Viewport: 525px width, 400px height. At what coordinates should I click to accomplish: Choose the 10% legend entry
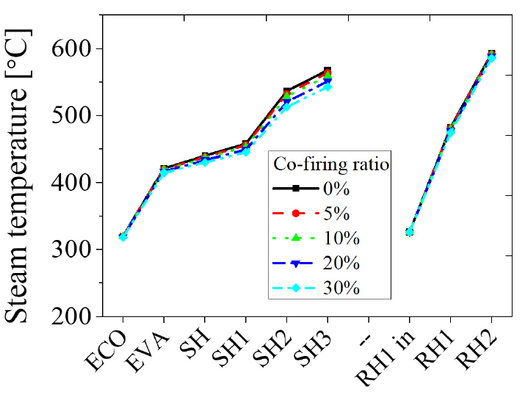tap(342, 238)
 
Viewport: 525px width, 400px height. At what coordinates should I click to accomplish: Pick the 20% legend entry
tap(342, 263)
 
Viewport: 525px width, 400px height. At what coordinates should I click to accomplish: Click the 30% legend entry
tap(342, 288)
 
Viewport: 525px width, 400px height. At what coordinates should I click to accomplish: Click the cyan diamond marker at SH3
tap(327, 87)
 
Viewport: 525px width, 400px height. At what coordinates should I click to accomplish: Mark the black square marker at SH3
tap(327, 71)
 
